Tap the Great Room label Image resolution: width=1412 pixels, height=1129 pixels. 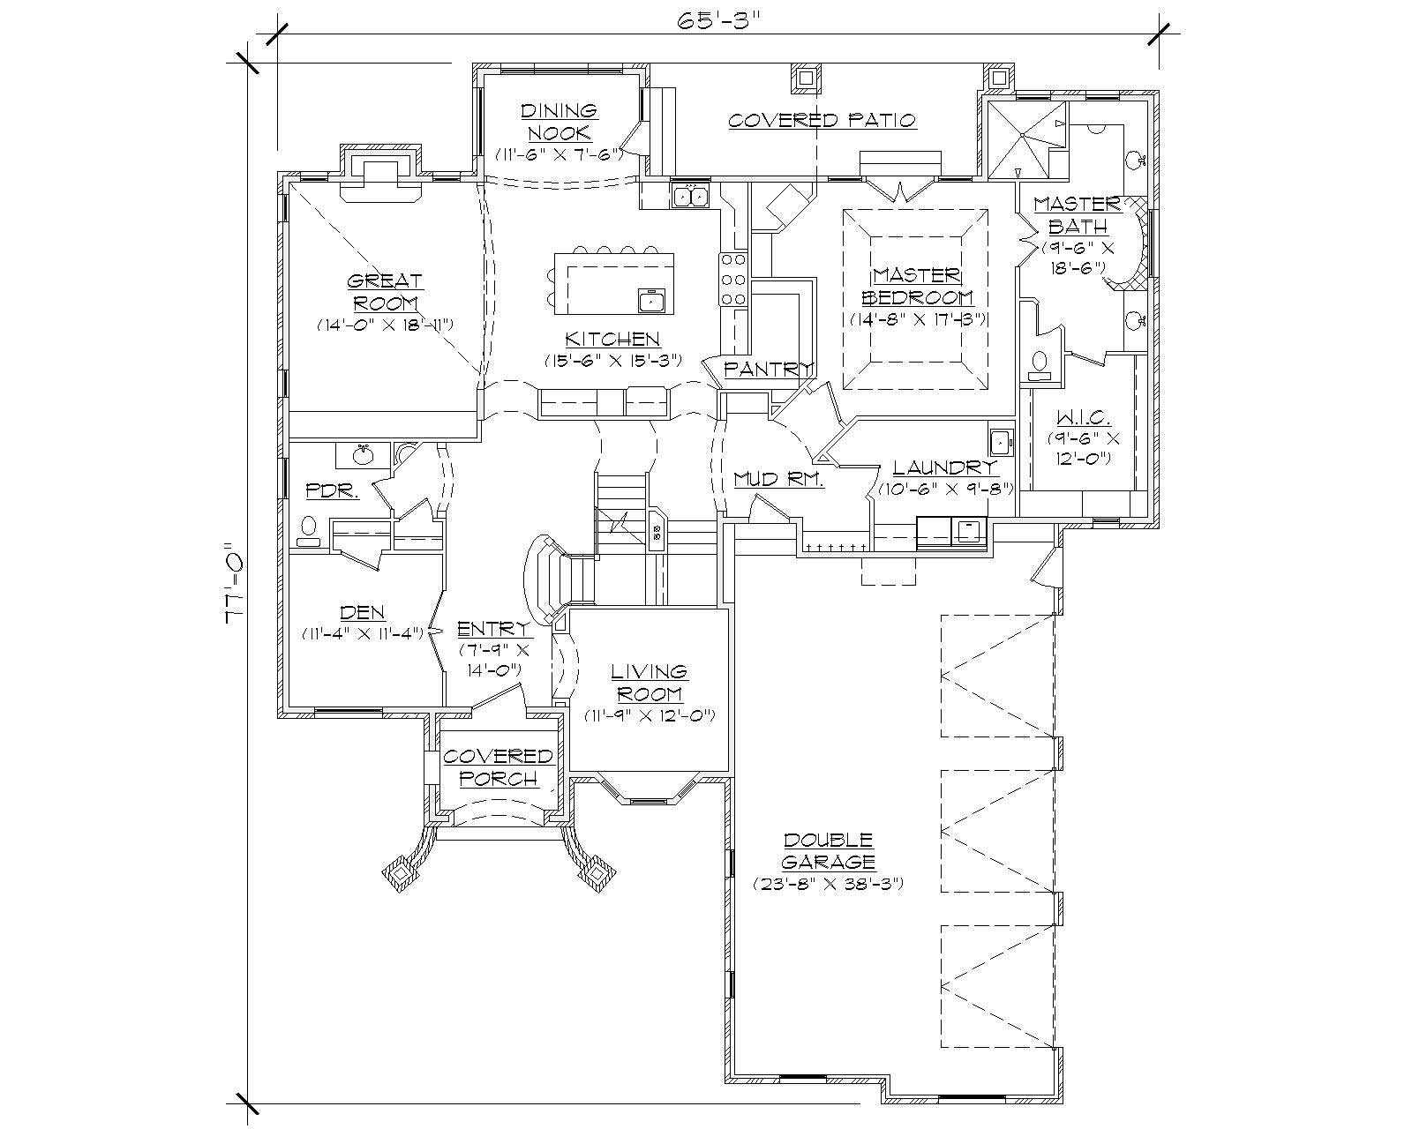point(385,292)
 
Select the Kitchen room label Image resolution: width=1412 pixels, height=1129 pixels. point(612,340)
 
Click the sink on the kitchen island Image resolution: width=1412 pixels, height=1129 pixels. point(651,302)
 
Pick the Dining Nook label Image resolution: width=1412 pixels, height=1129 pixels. point(559,122)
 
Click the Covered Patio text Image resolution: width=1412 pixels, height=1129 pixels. point(822,120)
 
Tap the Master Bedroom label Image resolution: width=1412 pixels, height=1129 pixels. point(917,287)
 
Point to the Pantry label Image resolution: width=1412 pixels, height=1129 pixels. point(767,370)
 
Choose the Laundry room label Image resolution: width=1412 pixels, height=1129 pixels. point(944,468)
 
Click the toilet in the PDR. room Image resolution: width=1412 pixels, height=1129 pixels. point(308,530)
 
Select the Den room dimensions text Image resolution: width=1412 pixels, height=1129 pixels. point(363,633)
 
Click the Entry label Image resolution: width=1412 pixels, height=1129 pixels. point(494,629)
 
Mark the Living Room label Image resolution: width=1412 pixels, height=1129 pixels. point(650,683)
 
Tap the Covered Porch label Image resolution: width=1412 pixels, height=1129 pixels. point(498,767)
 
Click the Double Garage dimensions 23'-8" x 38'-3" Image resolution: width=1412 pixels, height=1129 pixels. point(828,883)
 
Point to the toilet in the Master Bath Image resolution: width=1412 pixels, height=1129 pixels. point(1040,364)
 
